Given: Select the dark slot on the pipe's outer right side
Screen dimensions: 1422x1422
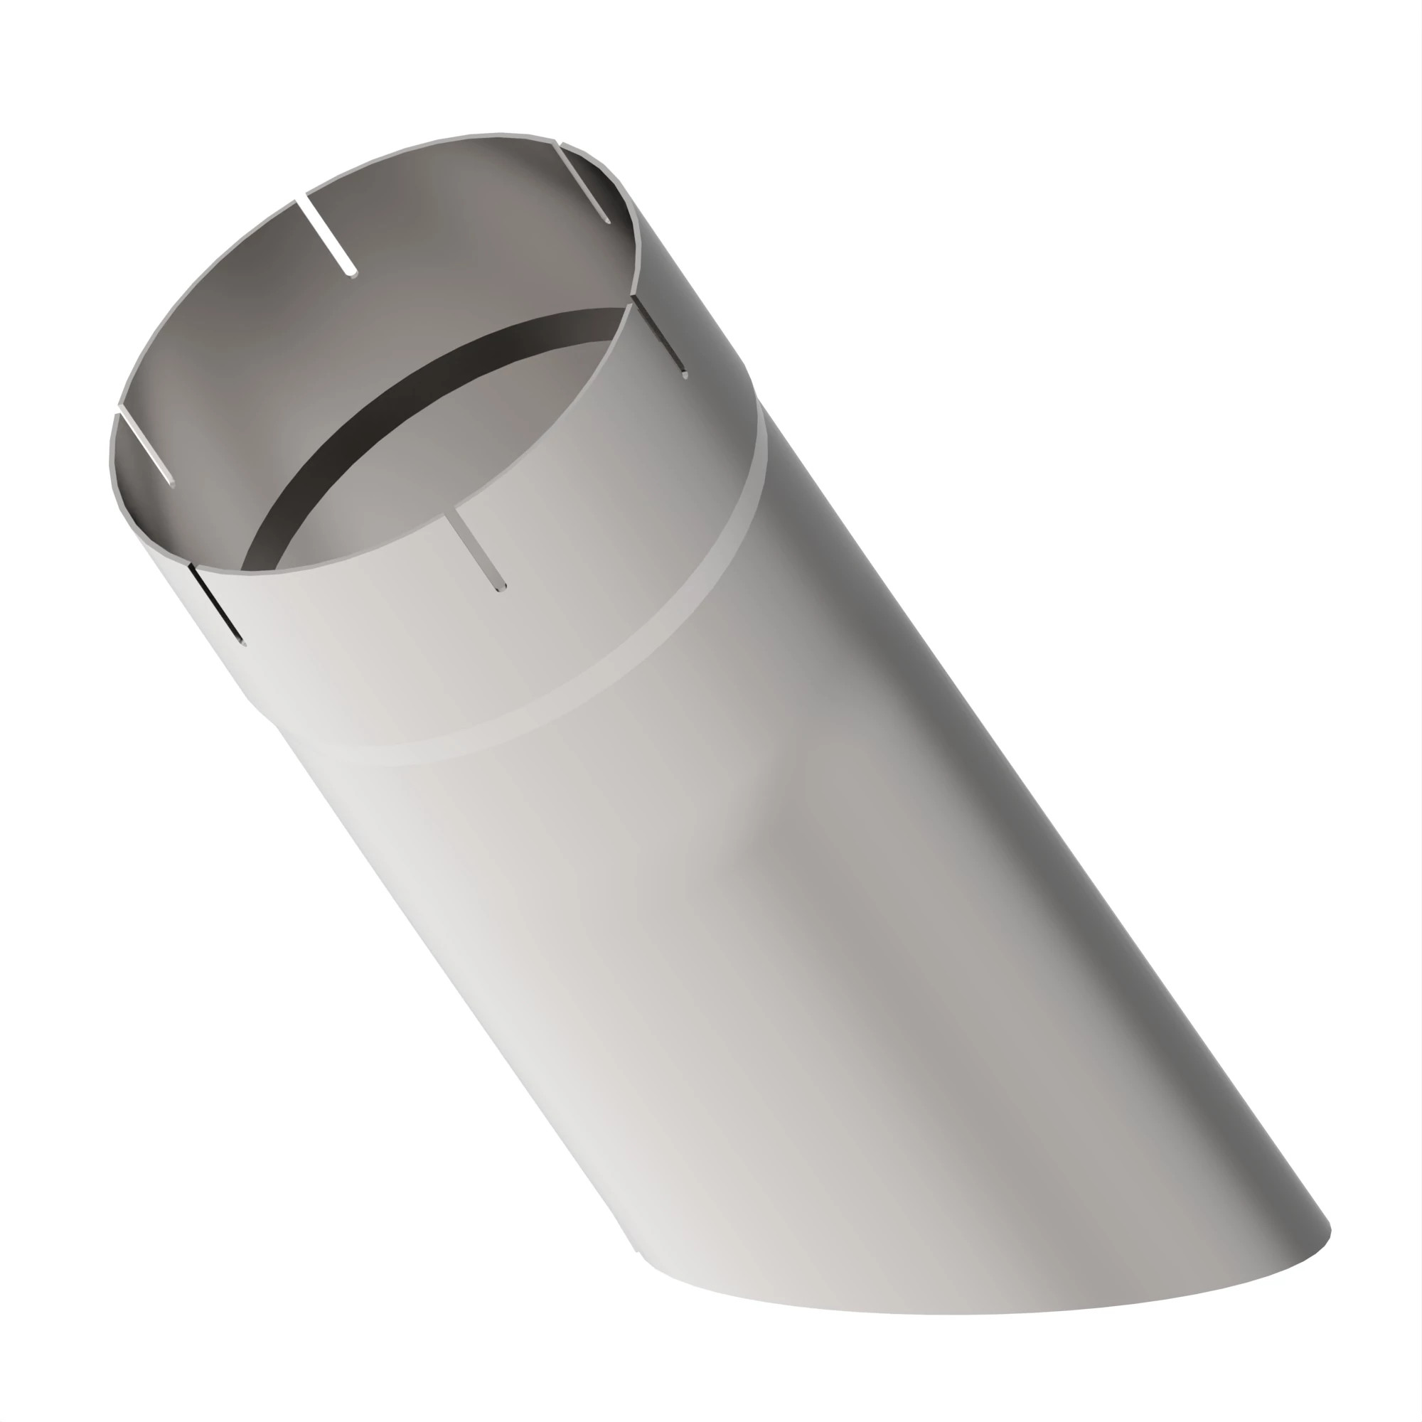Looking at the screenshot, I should (660, 336).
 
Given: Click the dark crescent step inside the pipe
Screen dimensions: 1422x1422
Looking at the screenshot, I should (383, 412).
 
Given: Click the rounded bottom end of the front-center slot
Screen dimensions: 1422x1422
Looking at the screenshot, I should (501, 587).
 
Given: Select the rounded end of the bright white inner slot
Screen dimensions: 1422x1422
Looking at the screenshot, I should (353, 274).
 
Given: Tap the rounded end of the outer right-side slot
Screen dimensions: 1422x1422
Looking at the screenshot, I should (685, 375).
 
